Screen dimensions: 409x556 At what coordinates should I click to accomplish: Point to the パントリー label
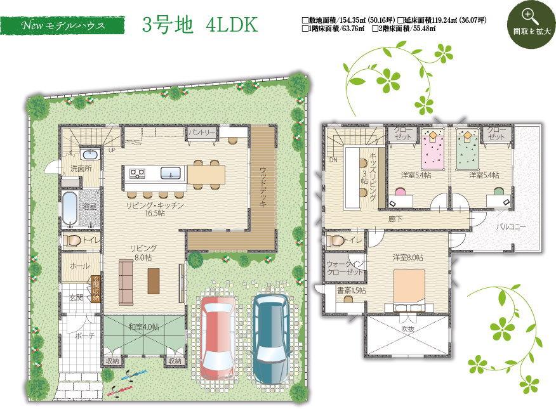click(201, 133)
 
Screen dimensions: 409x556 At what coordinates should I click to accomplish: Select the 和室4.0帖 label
click(143, 327)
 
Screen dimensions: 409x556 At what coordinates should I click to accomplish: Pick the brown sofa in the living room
click(126, 282)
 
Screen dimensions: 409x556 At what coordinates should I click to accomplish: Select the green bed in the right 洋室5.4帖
click(468, 150)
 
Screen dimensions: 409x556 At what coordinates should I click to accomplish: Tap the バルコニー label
click(510, 226)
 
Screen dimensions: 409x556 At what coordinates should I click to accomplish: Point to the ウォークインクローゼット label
click(345, 268)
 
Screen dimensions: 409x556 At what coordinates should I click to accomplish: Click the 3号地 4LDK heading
click(200, 26)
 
